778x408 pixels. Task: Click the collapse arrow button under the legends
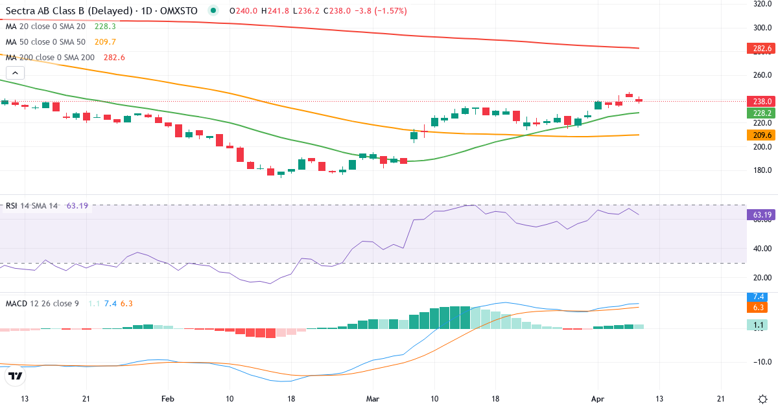(15, 73)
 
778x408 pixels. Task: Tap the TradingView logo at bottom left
(16, 376)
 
